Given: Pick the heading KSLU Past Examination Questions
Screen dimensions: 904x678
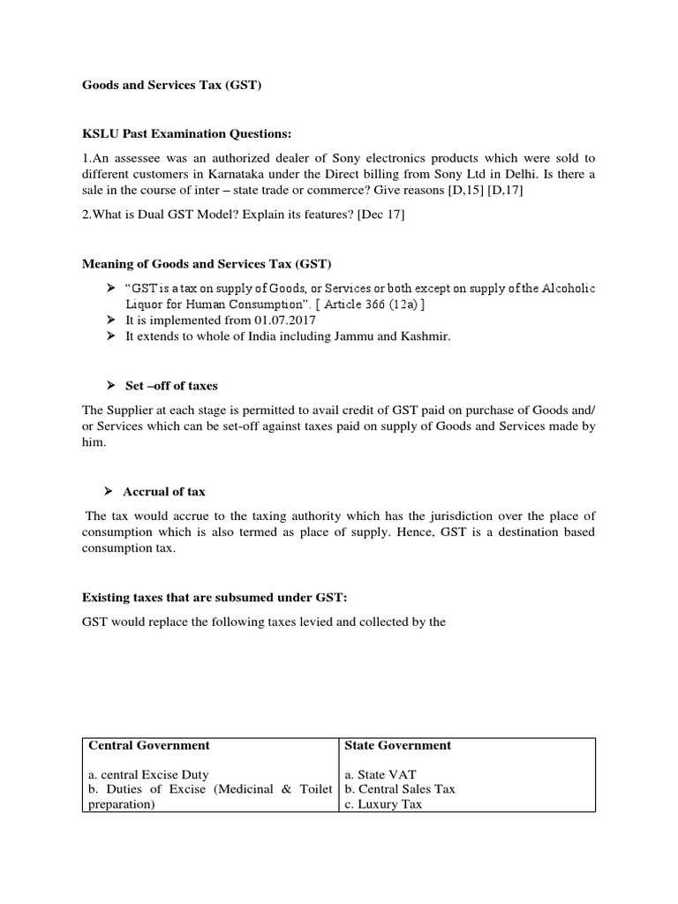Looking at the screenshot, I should (x=186, y=133).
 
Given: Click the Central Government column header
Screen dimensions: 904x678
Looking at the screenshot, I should (x=149, y=745).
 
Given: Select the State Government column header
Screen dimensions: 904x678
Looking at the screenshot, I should (x=397, y=745).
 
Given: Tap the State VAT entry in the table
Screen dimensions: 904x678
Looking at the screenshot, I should (x=380, y=773).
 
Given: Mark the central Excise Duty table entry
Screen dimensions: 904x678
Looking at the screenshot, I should (x=148, y=773).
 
